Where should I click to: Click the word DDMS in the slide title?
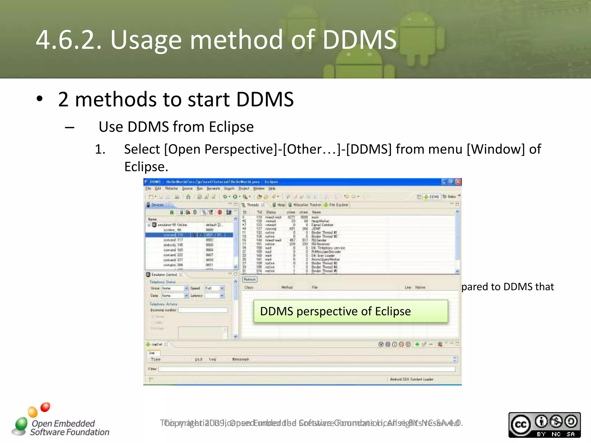click(359, 40)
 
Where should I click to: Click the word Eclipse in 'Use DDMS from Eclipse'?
click(231, 127)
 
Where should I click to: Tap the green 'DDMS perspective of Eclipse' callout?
click(351, 311)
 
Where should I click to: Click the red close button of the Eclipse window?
click(458, 182)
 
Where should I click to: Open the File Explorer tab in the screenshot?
click(338, 205)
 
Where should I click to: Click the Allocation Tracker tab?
click(307, 205)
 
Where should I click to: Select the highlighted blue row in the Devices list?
click(189, 235)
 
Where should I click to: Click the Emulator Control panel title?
click(164, 275)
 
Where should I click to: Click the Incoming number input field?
click(203, 310)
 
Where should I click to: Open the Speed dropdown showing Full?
click(214, 288)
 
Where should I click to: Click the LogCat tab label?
click(157, 344)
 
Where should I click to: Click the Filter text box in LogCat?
click(306, 369)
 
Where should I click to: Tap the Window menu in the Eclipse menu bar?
click(259, 188)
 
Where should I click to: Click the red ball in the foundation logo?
click(45, 407)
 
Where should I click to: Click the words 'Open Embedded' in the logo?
click(63, 423)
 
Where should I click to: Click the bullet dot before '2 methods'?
click(40, 99)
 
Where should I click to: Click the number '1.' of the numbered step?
click(100, 149)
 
